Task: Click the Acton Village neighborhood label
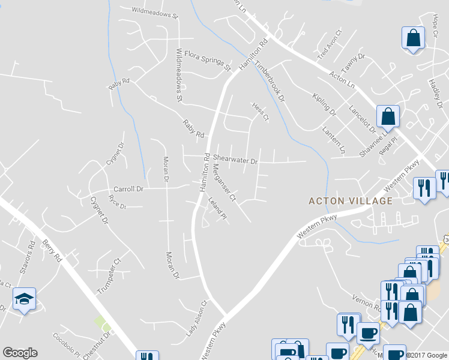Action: click(x=351, y=201)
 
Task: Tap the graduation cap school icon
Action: click(x=24, y=298)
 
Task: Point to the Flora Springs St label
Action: click(x=207, y=60)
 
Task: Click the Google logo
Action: click(x=20, y=353)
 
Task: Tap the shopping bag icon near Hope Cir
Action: click(x=413, y=39)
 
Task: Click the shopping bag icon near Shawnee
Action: click(x=388, y=117)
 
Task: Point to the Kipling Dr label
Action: click(x=324, y=104)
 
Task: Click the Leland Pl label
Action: click(x=218, y=206)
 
